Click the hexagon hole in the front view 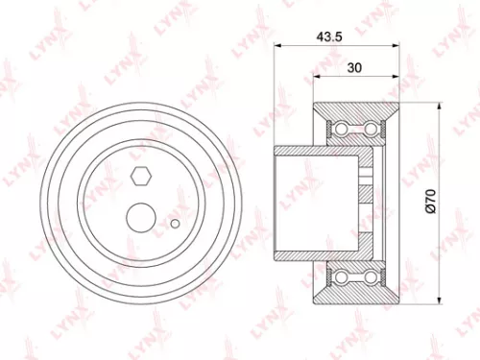139,176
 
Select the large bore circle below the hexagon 142,215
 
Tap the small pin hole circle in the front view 175,225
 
